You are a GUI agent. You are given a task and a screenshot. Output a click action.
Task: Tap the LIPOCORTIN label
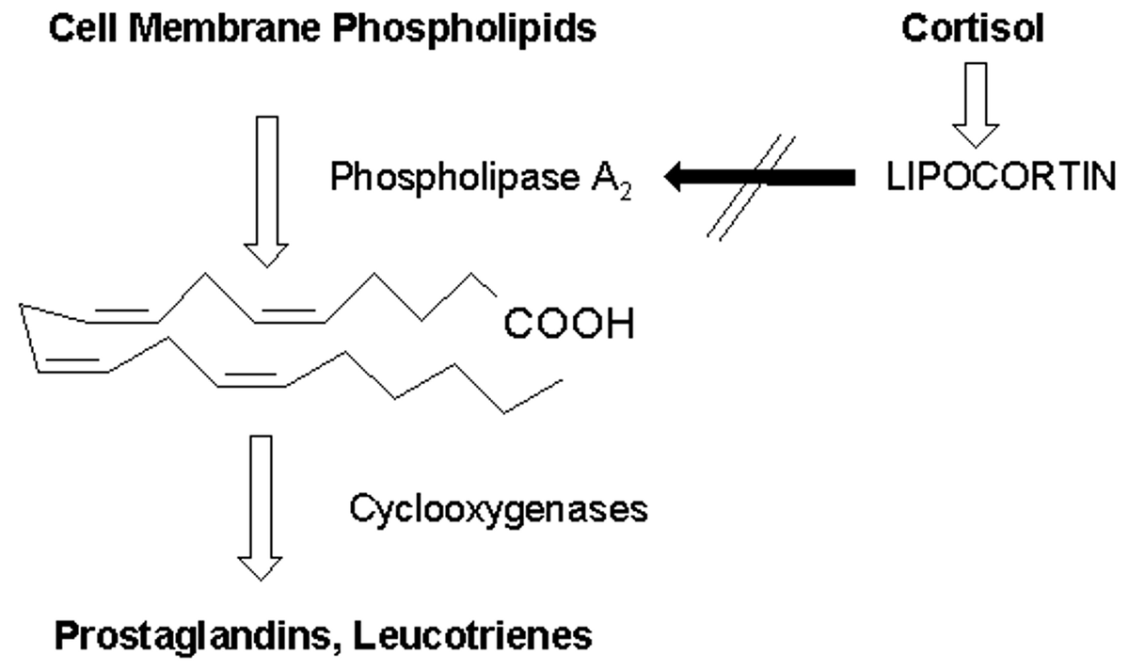1004,178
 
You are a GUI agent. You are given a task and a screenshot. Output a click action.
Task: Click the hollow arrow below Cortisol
976,104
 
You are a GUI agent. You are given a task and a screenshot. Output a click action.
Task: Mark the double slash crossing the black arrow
749,188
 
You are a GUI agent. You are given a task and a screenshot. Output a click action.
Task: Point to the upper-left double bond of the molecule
120,317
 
